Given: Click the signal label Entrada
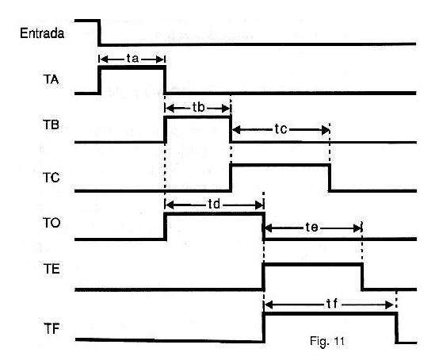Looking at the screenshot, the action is tap(42, 33).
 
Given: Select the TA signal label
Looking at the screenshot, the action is tap(51, 79).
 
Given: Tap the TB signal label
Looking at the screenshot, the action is tap(51, 124).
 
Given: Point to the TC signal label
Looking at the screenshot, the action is tap(52, 178).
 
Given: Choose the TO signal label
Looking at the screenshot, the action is tap(52, 223).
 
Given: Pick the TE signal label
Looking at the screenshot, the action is tap(52, 269).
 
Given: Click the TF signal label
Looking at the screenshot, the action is tap(52, 328).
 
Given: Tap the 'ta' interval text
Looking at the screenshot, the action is tap(132, 58).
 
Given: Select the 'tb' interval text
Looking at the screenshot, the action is tap(199, 107).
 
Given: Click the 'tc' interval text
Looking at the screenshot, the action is tap(281, 129).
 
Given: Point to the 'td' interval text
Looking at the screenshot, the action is tap(214, 205).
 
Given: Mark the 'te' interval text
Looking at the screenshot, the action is tap(311, 227).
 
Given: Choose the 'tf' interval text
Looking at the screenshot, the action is tap(332, 304).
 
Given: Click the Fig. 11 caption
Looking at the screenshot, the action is tap(327, 341).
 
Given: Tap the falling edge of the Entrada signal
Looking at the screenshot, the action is tap(99, 33).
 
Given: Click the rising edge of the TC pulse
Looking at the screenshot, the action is tap(231, 178).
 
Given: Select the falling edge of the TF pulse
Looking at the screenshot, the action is tap(396, 327).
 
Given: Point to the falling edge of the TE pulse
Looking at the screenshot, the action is tap(362, 277).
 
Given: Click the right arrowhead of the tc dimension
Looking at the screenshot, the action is tap(326, 130).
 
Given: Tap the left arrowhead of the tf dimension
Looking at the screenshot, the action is tap(269, 304).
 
